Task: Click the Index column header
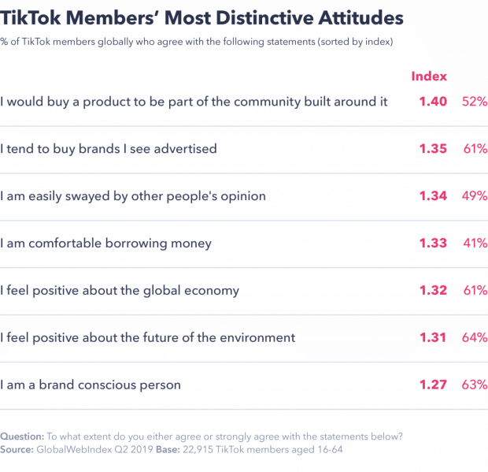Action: click(x=429, y=76)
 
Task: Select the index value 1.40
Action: click(x=432, y=102)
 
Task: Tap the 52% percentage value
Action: click(x=475, y=102)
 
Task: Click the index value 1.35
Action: click(x=432, y=149)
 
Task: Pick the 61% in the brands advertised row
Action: click(x=475, y=149)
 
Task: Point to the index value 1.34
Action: click(x=432, y=196)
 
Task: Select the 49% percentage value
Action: click(x=475, y=196)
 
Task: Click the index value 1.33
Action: click(x=432, y=243)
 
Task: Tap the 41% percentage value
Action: click(x=475, y=243)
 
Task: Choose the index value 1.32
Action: click(x=432, y=291)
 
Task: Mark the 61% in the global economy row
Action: click(x=475, y=291)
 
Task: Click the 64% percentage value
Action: click(x=475, y=338)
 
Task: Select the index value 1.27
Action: click(x=432, y=385)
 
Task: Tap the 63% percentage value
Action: click(x=475, y=385)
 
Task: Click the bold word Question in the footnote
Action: click(x=22, y=436)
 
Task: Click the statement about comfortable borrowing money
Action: click(x=106, y=243)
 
